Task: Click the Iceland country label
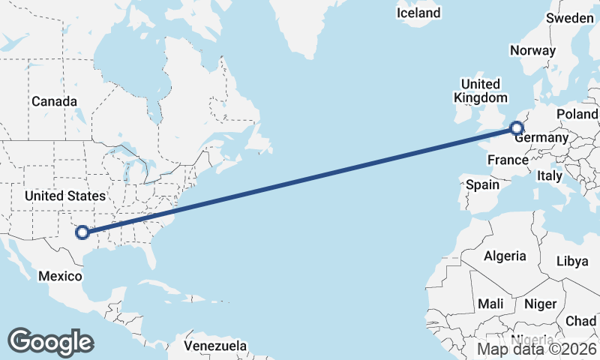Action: pos(418,13)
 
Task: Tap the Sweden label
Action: pos(570,18)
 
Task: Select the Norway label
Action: pos(532,51)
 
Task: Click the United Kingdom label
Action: pos(480,91)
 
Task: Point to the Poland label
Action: pos(577,114)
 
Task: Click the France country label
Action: pos(508,160)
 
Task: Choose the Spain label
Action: pos(482,184)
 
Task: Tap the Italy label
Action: pos(550,175)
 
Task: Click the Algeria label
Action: pos(505,256)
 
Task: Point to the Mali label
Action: pos(490,304)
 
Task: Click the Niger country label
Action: pos(539,304)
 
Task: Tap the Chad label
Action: pos(581,321)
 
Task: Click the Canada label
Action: pos(54,101)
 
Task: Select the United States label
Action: pos(65,196)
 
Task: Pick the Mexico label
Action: pos(60,276)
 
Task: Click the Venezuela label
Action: pos(216,346)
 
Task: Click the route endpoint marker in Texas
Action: pos(82,233)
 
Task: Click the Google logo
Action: pos(50,342)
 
